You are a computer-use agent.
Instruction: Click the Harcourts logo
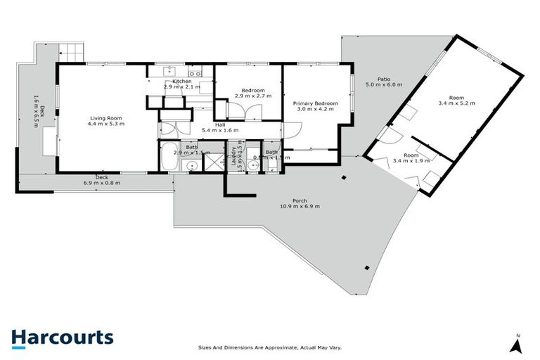click(x=62, y=337)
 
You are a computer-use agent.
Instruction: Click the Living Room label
click(x=105, y=117)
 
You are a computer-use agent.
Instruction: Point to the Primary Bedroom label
click(x=315, y=103)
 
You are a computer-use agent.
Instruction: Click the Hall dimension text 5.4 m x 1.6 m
click(x=220, y=131)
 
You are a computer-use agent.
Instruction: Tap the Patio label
click(x=383, y=79)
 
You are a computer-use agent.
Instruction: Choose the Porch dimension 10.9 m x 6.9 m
click(x=300, y=206)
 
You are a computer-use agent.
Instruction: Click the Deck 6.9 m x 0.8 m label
click(x=102, y=180)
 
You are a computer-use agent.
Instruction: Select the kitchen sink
click(x=169, y=71)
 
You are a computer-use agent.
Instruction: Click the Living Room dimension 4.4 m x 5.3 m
click(x=105, y=124)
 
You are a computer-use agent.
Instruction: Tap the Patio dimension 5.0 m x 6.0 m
click(x=383, y=84)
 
